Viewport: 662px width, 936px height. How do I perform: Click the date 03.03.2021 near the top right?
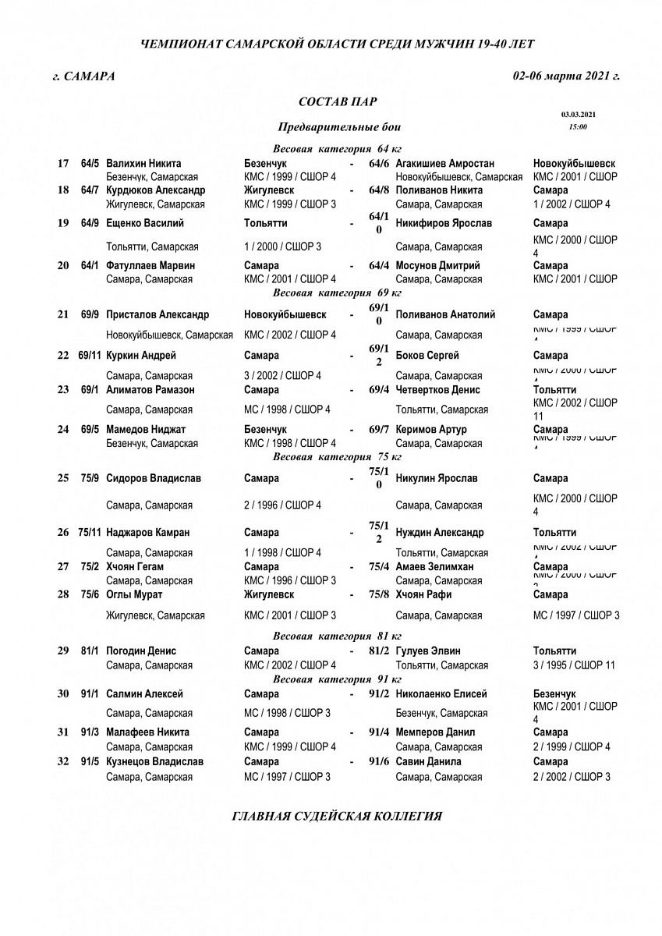coord(578,114)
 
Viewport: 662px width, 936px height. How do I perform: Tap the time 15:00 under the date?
coord(578,126)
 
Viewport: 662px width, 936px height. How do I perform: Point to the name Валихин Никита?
coord(143,164)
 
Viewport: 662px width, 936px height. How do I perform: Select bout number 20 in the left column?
coord(62,265)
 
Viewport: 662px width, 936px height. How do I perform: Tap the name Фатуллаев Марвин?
coord(150,265)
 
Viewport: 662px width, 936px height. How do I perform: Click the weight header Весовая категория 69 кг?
coord(337,293)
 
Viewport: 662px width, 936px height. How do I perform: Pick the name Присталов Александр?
coord(158,315)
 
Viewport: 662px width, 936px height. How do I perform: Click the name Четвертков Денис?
coord(437,389)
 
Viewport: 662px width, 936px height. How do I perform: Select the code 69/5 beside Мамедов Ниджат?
coord(89,429)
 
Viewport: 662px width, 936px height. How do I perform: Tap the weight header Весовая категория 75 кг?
coord(337,457)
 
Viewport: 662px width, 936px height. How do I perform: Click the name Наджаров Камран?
coord(148,533)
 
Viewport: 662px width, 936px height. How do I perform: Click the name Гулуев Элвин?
coord(428,651)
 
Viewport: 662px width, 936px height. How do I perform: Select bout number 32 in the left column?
coord(62,761)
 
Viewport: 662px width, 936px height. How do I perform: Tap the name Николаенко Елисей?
coord(441,693)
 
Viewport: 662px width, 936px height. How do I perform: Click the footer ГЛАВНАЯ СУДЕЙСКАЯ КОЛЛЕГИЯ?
coord(338,817)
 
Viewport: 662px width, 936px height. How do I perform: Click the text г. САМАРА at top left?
coord(83,76)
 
